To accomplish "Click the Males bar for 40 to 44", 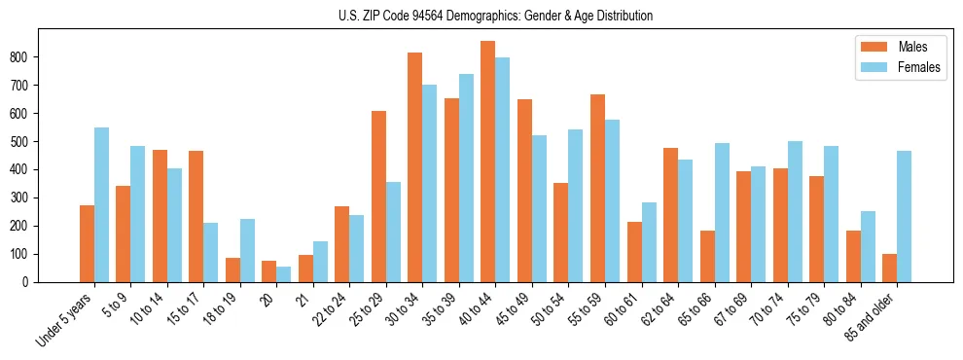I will click(x=488, y=162).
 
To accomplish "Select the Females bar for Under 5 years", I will click(x=101, y=204).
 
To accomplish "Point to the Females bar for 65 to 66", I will click(x=722, y=212).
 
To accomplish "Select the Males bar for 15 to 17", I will click(x=196, y=216).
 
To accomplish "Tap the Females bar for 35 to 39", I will click(x=466, y=178).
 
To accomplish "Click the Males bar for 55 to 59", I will click(x=597, y=188).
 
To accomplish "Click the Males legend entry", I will click(x=895, y=47).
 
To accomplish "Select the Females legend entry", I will click(x=895, y=69).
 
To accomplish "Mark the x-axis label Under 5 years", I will click(x=66, y=317).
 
